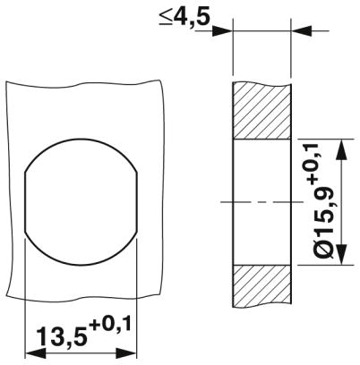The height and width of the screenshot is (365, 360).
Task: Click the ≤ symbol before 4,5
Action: pyautogui.click(x=167, y=17)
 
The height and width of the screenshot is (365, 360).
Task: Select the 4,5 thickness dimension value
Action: pyautogui.click(x=195, y=17)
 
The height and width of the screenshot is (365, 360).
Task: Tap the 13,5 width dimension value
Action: pyautogui.click(x=62, y=339)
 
